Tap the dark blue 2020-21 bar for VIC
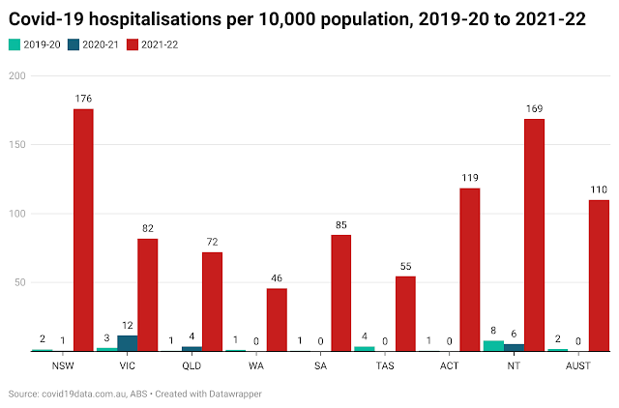click(x=127, y=343)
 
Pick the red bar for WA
click(x=277, y=319)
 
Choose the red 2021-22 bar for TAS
click(x=405, y=313)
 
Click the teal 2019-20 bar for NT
click(x=493, y=345)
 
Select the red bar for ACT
click(x=470, y=270)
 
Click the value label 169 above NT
click(x=534, y=107)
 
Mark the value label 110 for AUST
click(x=599, y=189)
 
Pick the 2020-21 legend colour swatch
click(x=75, y=44)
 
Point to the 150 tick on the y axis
click(x=17, y=144)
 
